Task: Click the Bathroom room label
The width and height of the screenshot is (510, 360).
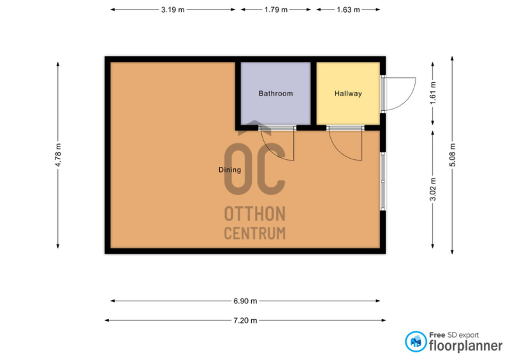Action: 275,94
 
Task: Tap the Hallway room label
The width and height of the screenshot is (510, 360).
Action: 348,94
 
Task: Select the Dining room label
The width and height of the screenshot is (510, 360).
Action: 229,169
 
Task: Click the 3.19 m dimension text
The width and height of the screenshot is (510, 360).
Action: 173,10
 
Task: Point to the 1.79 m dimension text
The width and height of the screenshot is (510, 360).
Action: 276,10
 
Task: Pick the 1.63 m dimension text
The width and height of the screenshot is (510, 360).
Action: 348,10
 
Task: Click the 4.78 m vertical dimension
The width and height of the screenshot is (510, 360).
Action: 58,155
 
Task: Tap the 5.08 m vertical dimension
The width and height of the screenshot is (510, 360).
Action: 453,155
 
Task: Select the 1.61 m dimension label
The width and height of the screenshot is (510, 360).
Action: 433,93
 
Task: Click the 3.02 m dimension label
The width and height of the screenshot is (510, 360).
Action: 433,189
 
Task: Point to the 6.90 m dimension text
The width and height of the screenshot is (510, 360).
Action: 245,301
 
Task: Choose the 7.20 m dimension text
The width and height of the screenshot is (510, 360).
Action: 245,320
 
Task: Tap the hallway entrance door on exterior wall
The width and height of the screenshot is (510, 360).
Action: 398,94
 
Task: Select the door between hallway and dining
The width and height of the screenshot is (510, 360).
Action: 345,144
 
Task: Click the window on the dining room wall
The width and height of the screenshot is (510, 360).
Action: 383,181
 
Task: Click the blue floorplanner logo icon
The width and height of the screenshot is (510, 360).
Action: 416,342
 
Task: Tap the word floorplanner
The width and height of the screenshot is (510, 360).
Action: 466,346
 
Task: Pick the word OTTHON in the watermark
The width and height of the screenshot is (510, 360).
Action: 255,214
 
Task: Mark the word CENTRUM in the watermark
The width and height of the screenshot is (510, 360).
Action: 255,233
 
